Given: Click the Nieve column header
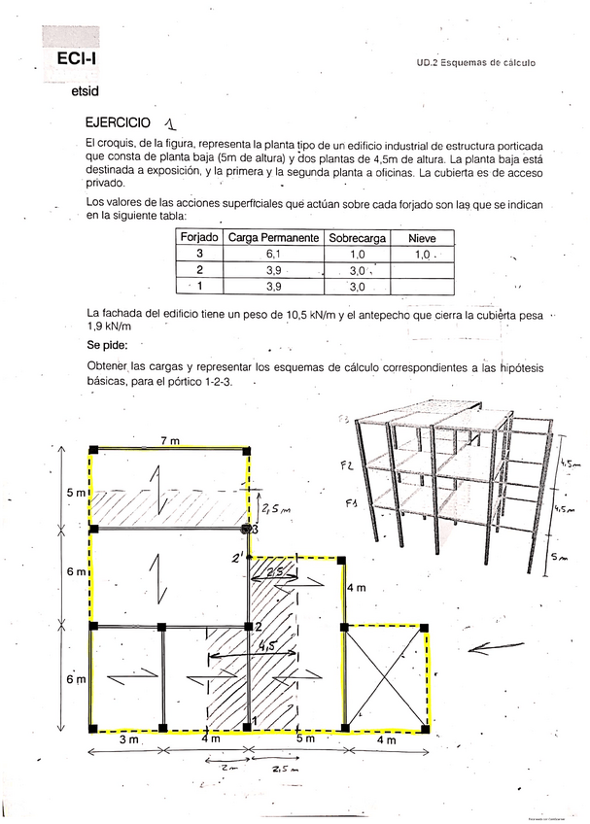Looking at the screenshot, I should tap(422, 237).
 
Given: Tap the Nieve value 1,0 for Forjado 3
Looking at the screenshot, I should tap(421, 255).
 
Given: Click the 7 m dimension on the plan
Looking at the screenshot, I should tap(170, 441).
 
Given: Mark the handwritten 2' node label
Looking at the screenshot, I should tap(235, 559).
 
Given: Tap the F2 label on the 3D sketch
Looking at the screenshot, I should tap(346, 466).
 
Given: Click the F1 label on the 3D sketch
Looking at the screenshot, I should tap(351, 503).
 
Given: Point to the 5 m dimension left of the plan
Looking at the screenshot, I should tap(76, 493).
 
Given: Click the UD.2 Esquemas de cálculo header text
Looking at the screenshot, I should tap(476, 63).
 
